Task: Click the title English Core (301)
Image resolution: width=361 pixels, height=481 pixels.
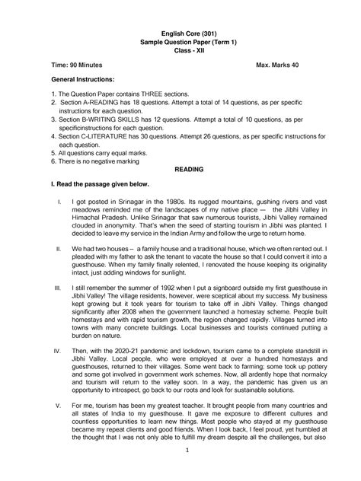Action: click(x=180, y=36)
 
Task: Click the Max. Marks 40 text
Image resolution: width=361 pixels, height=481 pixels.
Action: click(x=277, y=67)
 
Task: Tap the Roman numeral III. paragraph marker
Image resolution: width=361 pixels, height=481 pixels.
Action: click(x=58, y=289)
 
